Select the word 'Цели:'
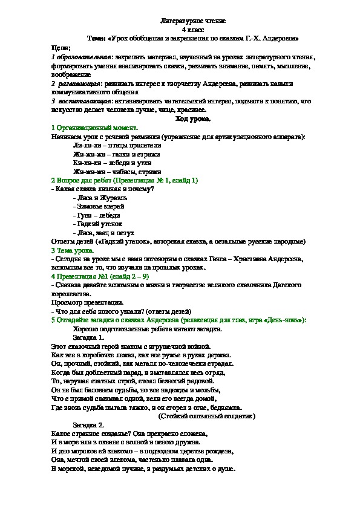pos(62,47)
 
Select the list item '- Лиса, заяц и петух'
pos(103,232)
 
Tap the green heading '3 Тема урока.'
pos(75,250)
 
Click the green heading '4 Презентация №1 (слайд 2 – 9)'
pos(101,276)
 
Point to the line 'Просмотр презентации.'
pos(87,302)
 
